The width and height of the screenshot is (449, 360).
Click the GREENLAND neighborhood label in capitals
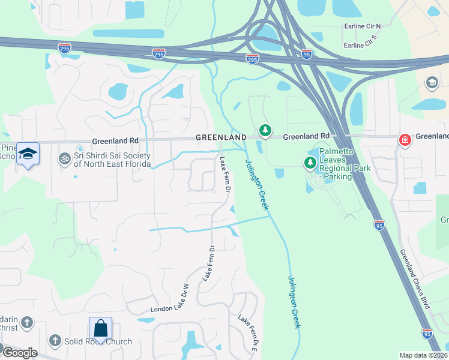click(x=221, y=137)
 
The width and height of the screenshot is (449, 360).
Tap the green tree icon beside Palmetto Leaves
click(x=310, y=162)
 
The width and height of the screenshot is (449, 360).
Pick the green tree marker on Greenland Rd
click(x=265, y=130)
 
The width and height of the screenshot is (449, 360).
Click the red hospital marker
click(x=405, y=140)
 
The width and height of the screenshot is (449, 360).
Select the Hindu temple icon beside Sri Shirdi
click(x=64, y=159)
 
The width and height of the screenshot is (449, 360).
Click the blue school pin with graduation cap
click(x=28, y=154)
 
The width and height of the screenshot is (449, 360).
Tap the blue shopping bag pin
click(x=100, y=329)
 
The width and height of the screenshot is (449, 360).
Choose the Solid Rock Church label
click(x=98, y=342)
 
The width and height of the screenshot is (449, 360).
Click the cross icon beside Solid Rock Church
click(x=55, y=341)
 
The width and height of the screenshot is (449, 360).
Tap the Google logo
click(x=20, y=353)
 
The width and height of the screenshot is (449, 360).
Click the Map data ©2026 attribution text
click(x=423, y=355)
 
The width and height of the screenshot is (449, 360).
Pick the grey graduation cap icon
click(x=432, y=82)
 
